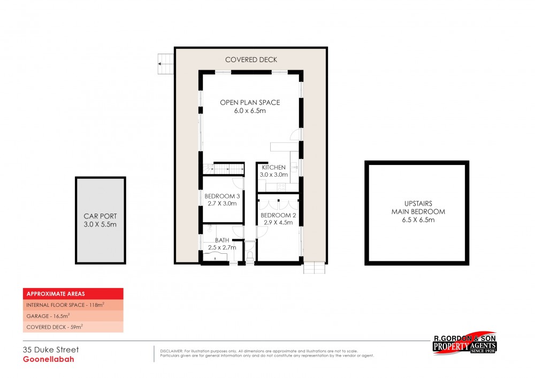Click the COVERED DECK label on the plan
pos(251,59)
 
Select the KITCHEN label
pos(273,168)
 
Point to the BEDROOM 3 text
pos(222,196)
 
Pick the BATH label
pos(221,240)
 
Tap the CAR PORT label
pos(100,216)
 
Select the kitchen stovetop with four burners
pos(279,187)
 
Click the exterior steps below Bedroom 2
pos(314,267)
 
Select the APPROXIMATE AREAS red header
pos(73,294)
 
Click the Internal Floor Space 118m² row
pos(73,305)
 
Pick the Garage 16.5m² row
pos(73,316)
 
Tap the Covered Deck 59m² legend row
pos(73,327)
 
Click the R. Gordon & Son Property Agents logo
pos(464,343)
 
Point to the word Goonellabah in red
pos(48,360)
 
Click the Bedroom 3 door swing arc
pos(239,182)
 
